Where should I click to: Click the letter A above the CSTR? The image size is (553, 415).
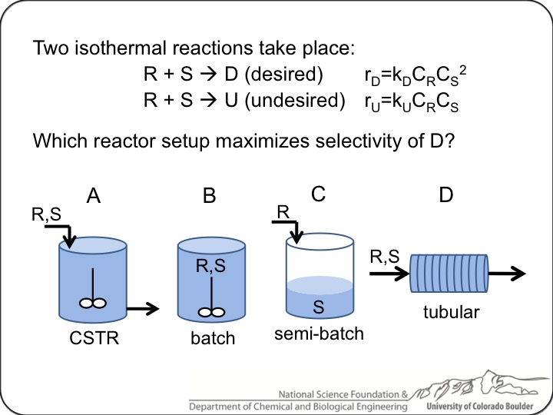(x=94, y=196)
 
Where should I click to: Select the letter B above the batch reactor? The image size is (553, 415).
(x=208, y=196)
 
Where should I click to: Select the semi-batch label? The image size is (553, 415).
(x=319, y=334)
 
